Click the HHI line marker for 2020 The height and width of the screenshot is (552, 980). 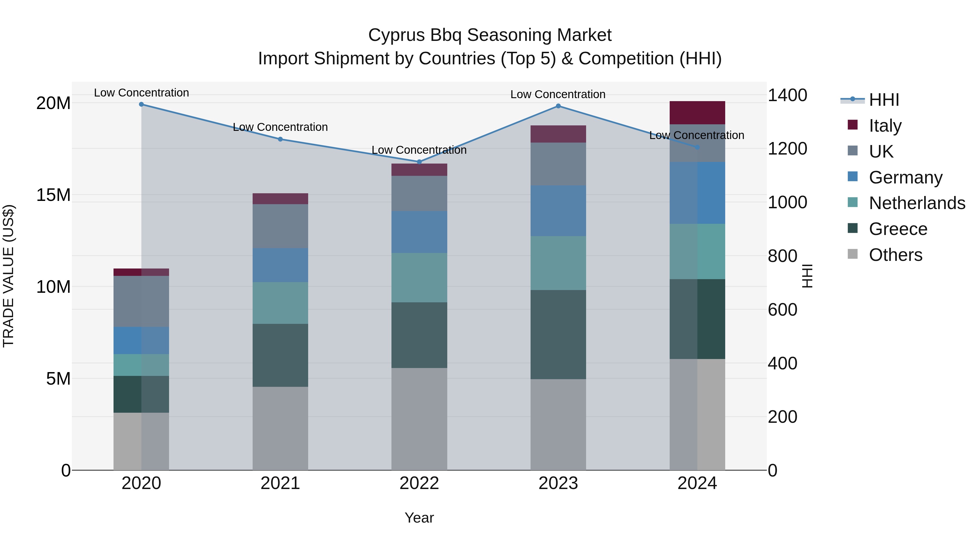(141, 104)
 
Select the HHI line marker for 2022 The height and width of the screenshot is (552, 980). (419, 162)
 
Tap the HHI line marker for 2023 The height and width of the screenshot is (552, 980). (558, 106)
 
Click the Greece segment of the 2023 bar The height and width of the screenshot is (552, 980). (558, 334)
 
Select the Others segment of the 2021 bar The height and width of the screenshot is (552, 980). (280, 428)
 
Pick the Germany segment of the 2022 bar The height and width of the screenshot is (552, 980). (419, 232)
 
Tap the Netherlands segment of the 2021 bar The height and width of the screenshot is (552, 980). (280, 303)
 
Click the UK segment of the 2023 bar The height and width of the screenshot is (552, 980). (558, 164)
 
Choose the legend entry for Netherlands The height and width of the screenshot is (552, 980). (917, 203)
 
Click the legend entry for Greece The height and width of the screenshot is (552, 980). (898, 229)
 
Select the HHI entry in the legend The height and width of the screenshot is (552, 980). (884, 100)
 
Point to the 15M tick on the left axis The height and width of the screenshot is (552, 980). (53, 195)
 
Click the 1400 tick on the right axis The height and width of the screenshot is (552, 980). (787, 95)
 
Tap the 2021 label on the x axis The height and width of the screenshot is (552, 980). (280, 483)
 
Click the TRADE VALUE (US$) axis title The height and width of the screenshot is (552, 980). (8, 276)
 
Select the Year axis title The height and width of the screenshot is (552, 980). (419, 518)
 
